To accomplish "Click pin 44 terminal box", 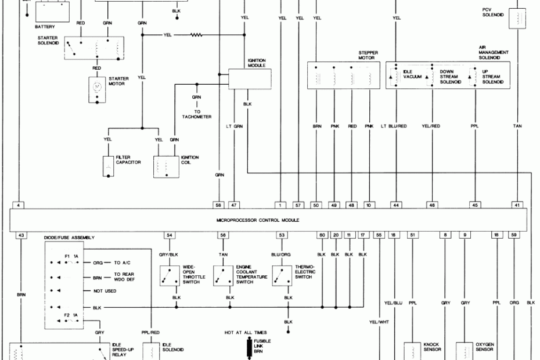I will [x=396, y=205].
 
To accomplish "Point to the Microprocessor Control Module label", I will [x=258, y=221].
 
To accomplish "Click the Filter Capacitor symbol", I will [x=109, y=167].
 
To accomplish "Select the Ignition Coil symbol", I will [x=167, y=167].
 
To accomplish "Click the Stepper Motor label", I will [x=368, y=55].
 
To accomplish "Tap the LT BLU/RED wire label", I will [x=393, y=126].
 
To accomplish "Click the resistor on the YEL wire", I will [x=196, y=35].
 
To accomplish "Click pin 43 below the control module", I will [x=21, y=235].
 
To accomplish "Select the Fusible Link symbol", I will [x=248, y=347].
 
